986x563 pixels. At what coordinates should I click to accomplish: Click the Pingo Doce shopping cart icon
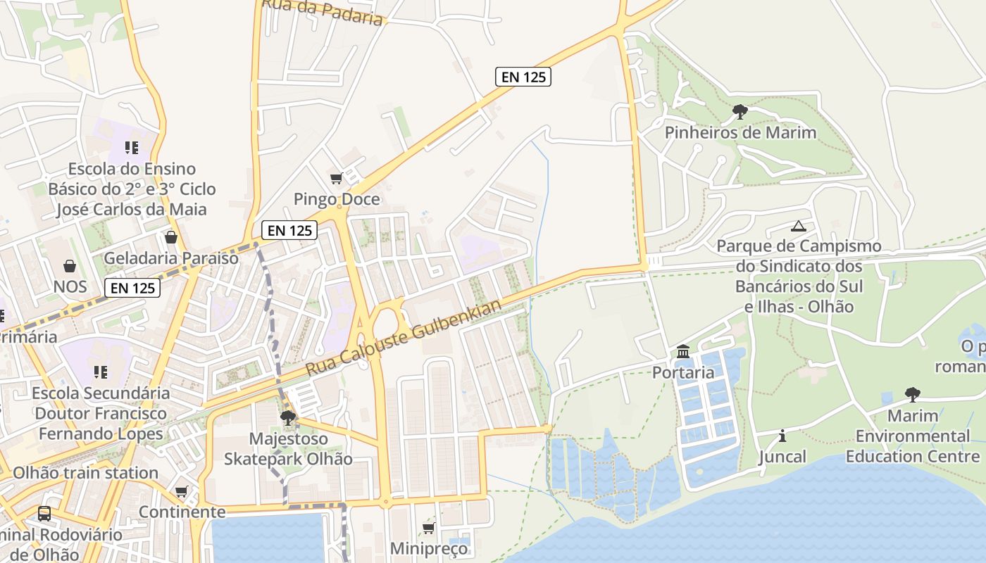coord(336,179)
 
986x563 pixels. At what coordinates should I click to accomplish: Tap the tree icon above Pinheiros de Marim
coord(739,111)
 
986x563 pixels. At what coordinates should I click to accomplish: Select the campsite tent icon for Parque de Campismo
coord(798,226)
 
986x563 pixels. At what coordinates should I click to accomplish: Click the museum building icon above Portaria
coord(682,351)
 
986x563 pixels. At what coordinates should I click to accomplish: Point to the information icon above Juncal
coord(782,436)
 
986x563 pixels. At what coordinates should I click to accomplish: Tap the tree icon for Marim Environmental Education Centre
coord(912,394)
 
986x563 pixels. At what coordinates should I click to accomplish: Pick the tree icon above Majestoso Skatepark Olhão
coord(287,418)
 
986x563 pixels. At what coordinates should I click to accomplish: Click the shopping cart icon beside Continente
coord(182,491)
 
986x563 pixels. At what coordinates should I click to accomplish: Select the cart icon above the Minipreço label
coord(428,528)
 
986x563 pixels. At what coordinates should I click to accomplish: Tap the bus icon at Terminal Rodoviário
coord(44,514)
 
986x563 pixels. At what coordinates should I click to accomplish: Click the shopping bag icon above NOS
coord(70,265)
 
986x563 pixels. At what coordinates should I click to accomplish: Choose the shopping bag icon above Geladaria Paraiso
coord(170,237)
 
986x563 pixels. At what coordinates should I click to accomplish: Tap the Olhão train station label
coord(85,473)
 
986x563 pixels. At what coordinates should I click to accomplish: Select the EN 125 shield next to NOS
coord(132,287)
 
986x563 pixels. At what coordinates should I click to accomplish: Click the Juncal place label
coord(782,457)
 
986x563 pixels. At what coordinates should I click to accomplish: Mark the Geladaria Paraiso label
coord(171,258)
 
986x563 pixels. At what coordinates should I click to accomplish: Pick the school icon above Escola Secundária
coord(101,372)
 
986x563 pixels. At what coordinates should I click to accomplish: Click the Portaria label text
coord(683,372)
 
